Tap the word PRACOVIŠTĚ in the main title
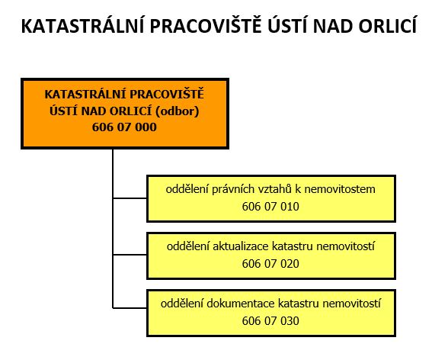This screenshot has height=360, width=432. (x=206, y=25)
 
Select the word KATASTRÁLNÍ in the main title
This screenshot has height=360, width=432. (x=82, y=25)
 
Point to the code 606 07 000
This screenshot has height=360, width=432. (x=124, y=127)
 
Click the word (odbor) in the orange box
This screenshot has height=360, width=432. (x=178, y=111)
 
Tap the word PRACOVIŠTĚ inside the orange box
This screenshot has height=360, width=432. (x=167, y=94)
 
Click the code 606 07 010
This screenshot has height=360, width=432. (x=270, y=207)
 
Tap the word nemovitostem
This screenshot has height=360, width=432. (x=340, y=189)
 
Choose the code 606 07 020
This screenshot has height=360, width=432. (x=270, y=264)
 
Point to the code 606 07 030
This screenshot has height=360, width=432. (x=270, y=321)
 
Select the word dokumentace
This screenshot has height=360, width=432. (x=241, y=304)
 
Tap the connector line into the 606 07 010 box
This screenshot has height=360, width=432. (x=130, y=198)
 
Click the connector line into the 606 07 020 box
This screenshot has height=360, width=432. (x=130, y=255)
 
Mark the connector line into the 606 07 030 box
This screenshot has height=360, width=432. (x=130, y=307)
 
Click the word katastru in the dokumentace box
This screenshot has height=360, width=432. (x=299, y=304)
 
